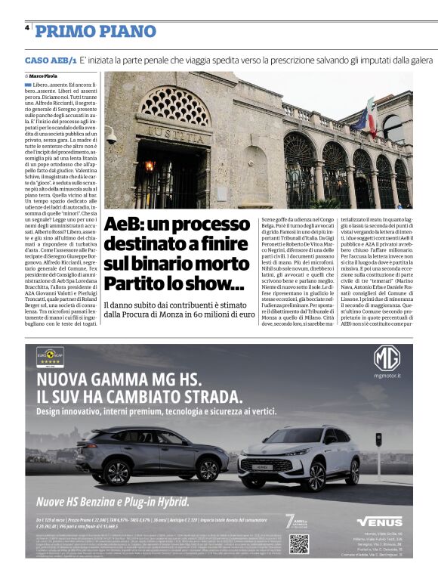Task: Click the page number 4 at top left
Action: tap(26, 27)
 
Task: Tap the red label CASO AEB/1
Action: tap(51, 60)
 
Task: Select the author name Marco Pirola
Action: tap(45, 76)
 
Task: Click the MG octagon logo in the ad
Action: tap(387, 358)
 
